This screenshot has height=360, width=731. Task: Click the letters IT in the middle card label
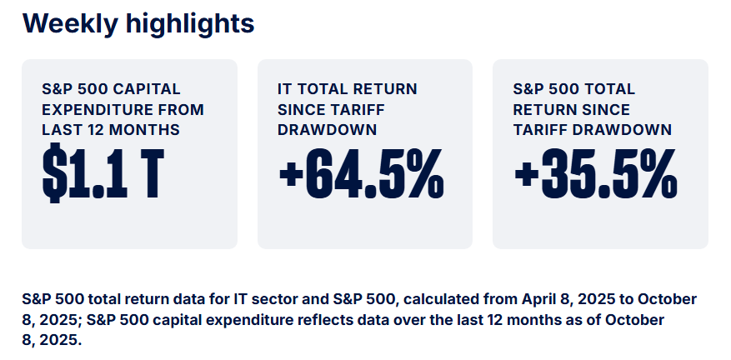(284, 89)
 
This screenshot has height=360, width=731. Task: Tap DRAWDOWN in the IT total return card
(327, 129)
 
